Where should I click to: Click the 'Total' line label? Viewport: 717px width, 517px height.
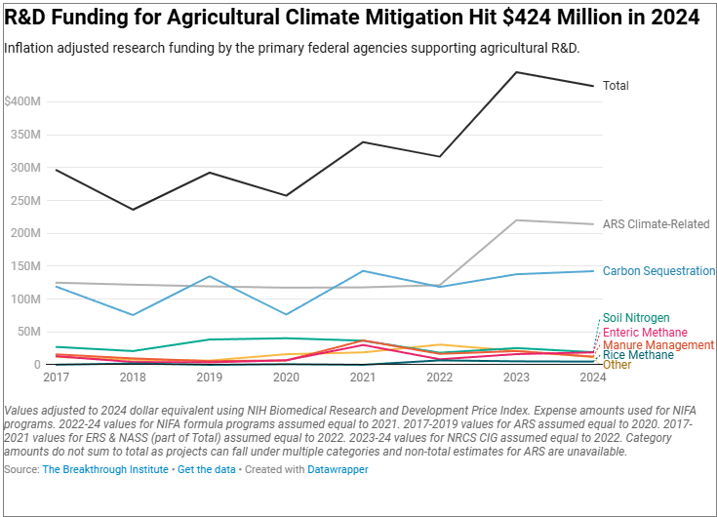tap(616, 86)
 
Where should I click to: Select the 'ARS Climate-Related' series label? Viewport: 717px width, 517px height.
tap(656, 224)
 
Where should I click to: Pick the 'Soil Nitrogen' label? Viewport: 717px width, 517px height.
tap(636, 318)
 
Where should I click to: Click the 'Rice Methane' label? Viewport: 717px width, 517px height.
tap(638, 355)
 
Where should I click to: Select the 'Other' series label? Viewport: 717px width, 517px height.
tap(617, 365)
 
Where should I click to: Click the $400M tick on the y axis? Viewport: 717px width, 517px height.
tap(21, 101)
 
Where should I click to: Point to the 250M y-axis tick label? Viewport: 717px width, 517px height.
tap(24, 201)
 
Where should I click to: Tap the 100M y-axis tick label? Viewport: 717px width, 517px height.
tap(24, 298)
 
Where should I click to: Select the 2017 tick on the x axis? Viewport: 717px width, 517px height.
tap(58, 377)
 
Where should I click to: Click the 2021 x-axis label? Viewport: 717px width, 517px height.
tap(363, 377)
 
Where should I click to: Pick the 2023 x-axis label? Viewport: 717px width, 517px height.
tap(516, 377)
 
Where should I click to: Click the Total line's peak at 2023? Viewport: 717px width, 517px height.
tap(516, 72)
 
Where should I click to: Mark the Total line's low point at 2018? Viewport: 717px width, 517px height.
tap(134, 209)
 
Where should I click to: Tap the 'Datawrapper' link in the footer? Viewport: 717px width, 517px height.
tap(339, 470)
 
